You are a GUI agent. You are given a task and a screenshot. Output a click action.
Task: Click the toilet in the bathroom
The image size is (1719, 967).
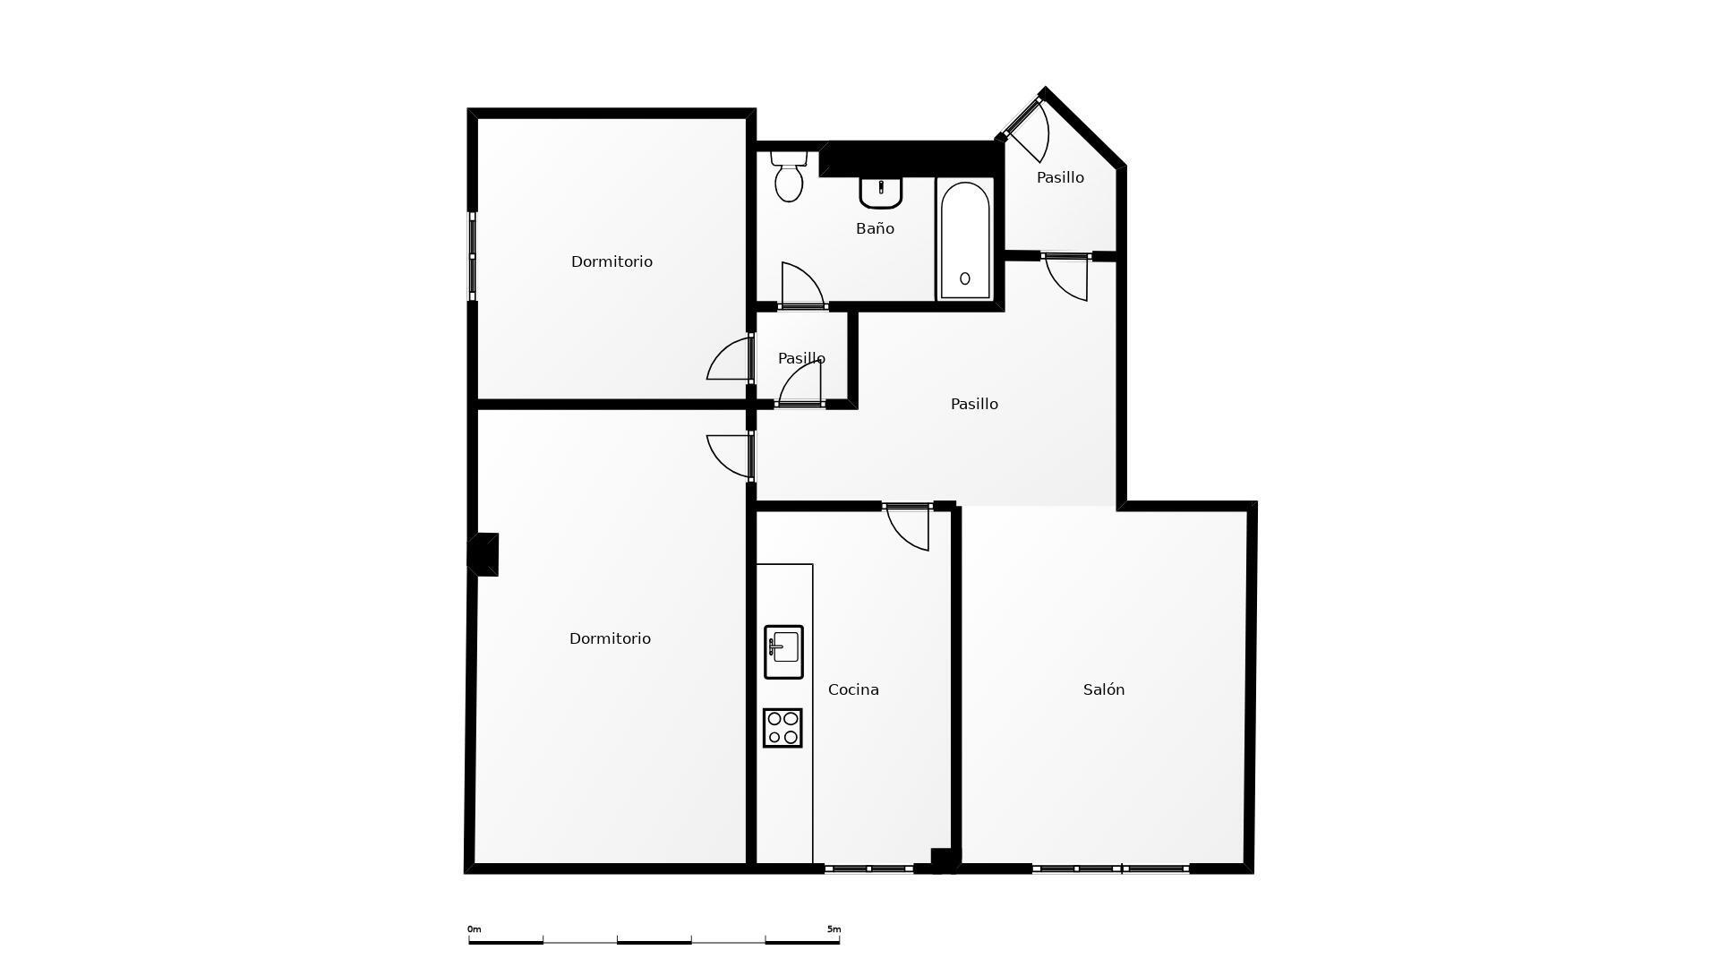click(789, 176)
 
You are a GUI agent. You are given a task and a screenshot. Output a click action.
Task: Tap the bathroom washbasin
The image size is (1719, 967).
click(881, 192)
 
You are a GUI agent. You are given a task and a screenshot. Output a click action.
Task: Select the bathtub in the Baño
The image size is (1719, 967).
click(965, 239)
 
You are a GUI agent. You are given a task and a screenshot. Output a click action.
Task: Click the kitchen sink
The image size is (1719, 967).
click(783, 652)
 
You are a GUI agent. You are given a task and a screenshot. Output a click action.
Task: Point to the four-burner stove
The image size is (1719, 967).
click(783, 728)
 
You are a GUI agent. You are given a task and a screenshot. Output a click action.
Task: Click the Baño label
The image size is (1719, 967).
click(875, 228)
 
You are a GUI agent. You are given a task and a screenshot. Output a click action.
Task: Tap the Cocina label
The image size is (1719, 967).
click(853, 689)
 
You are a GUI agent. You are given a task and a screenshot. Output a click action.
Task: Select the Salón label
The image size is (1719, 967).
click(1104, 689)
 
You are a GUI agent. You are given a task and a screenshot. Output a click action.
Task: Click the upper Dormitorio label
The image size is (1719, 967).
click(611, 261)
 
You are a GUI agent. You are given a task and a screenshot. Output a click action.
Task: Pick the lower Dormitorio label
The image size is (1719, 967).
click(610, 638)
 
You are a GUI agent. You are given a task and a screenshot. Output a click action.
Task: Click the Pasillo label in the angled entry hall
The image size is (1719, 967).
click(1060, 177)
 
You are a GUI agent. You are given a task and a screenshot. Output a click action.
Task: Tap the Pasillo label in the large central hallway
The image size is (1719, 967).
click(974, 404)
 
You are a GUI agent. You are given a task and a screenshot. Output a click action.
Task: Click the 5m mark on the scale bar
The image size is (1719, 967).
click(834, 929)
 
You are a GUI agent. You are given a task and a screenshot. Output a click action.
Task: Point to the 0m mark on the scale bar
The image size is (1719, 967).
click(475, 929)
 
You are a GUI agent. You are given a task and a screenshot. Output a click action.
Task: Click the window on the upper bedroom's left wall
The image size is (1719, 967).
click(473, 256)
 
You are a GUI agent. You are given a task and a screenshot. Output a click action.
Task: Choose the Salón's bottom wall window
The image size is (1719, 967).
click(1110, 869)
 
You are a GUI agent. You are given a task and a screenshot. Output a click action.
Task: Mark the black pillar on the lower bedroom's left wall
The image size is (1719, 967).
click(484, 554)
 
